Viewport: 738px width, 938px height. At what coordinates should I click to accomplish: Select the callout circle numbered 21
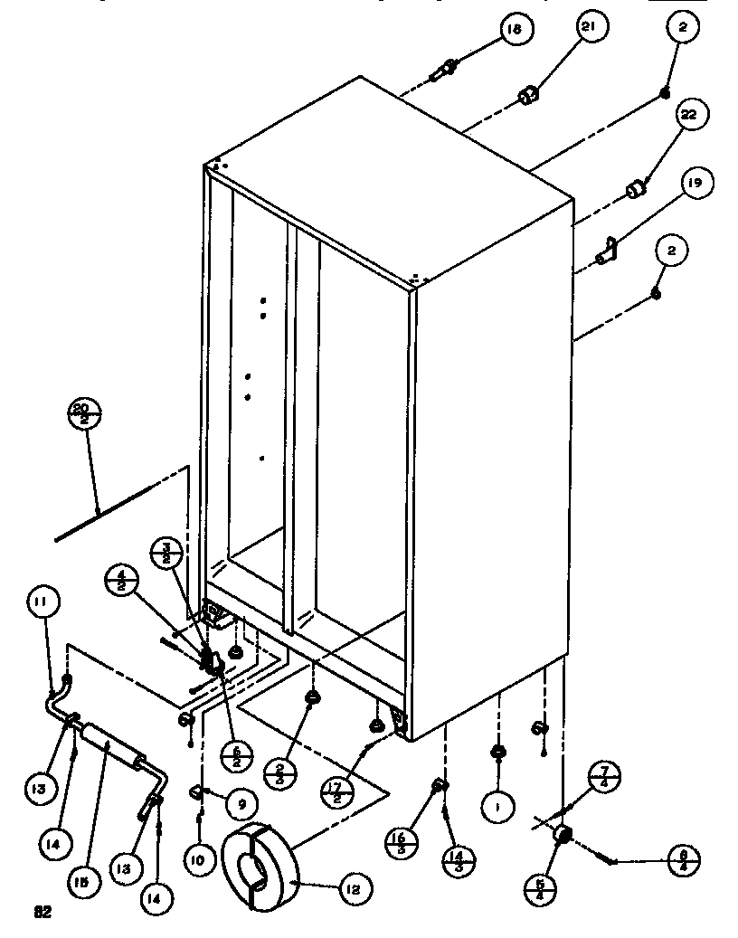589,29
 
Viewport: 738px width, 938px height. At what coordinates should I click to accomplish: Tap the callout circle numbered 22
690,115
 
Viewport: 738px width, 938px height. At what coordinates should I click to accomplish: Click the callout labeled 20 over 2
84,414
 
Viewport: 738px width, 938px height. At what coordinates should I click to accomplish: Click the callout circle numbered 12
354,889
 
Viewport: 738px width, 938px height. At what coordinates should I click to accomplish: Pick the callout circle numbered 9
241,801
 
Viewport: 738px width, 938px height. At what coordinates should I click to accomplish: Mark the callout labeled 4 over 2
121,581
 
